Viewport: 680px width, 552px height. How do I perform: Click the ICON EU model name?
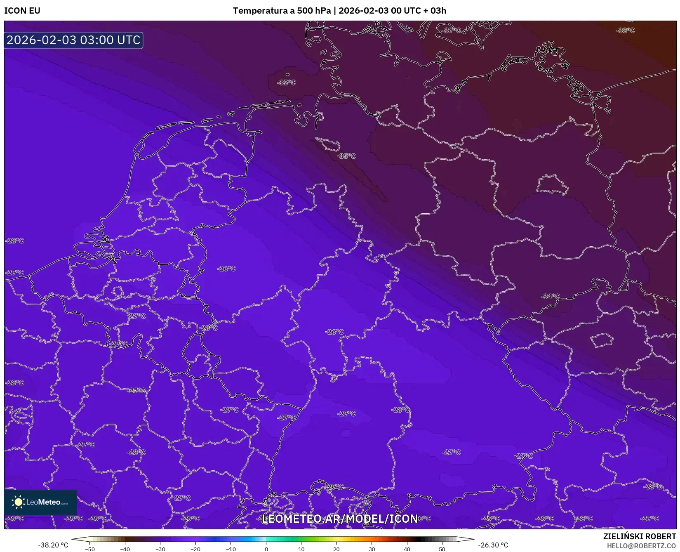click(22, 11)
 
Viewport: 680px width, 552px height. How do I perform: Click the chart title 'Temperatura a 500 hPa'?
click(282, 11)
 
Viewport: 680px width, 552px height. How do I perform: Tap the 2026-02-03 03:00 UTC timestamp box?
click(73, 40)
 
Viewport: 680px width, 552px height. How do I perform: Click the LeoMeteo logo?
click(40, 502)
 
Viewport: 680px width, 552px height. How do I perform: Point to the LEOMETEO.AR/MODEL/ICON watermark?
click(340, 519)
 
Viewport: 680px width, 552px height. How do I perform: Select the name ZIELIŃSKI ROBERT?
click(639, 536)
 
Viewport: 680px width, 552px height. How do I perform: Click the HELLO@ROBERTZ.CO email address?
click(641, 546)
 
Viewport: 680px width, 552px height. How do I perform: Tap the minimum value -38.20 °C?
click(53, 545)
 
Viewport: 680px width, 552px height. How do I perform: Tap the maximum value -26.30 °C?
click(493, 545)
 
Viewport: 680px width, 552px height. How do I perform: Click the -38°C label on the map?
click(625, 31)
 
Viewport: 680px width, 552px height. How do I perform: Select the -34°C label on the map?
click(551, 296)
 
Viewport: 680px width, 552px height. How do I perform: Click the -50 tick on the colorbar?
click(90, 549)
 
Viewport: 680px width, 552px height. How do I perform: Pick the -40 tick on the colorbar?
click(125, 549)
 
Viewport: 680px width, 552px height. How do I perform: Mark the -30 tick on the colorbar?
click(160, 549)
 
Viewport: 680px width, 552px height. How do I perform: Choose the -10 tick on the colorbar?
click(231, 549)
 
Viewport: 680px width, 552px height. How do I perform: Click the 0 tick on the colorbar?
click(266, 549)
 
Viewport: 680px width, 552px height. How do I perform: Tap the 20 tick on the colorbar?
click(336, 549)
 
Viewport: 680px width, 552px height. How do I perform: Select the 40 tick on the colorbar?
click(407, 549)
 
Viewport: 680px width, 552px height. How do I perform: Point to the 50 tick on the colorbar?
click(442, 549)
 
